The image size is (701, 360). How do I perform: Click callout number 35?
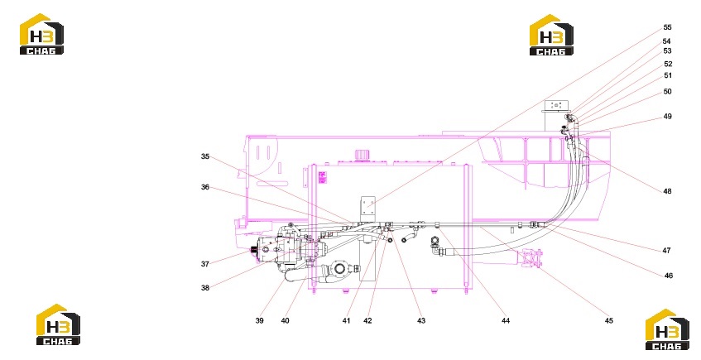[x=205, y=156]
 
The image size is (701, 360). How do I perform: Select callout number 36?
[x=205, y=187]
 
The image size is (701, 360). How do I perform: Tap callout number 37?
[x=205, y=264]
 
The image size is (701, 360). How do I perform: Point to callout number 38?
[x=205, y=287]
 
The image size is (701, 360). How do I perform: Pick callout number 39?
[x=260, y=320]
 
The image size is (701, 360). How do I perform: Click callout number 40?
[x=286, y=320]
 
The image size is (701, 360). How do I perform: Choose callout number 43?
[x=421, y=320]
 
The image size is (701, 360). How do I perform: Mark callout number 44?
[x=506, y=320]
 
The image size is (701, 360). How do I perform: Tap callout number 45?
[x=609, y=320]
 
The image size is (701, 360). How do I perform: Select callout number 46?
[x=669, y=276]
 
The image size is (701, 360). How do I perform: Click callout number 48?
[x=667, y=191]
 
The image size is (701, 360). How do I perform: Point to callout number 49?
[x=667, y=116]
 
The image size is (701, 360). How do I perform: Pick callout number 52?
[x=668, y=64]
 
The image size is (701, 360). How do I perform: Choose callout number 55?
[x=667, y=27]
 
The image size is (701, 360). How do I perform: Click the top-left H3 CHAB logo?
[x=41, y=35]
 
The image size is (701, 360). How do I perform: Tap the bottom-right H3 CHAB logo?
[x=667, y=329]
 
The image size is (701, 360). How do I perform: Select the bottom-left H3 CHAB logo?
[x=58, y=324]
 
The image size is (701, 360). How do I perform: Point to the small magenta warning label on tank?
[x=322, y=176]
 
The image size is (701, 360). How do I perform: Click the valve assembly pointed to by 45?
[x=531, y=258]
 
